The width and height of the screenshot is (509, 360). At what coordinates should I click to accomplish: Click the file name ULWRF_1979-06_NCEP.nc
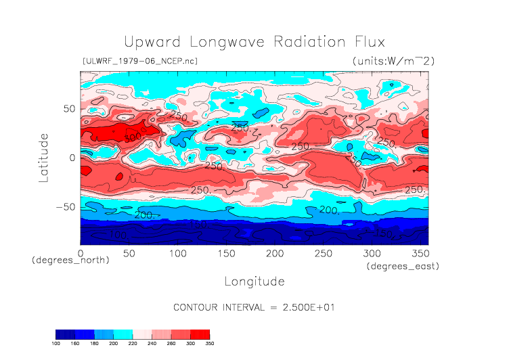[x=139, y=61]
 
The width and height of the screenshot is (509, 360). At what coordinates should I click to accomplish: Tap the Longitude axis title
[x=254, y=281]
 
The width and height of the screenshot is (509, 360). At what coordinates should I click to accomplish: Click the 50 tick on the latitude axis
[x=68, y=108]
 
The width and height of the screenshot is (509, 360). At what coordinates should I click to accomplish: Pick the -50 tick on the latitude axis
[x=65, y=207]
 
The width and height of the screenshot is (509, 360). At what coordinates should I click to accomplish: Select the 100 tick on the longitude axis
[x=177, y=253]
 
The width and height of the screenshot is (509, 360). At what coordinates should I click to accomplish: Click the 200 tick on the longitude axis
[x=274, y=253]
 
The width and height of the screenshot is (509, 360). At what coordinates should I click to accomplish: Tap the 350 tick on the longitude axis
[x=419, y=253]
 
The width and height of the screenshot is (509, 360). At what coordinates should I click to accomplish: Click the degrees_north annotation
[x=70, y=261]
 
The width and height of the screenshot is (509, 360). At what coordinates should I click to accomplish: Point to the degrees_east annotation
[x=403, y=267]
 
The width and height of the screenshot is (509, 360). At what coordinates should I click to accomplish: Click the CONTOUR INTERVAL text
[x=254, y=307]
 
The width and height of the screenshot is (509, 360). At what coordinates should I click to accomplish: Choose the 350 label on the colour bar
[x=210, y=344]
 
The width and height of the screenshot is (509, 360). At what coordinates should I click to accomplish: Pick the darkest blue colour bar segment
[x=65, y=334]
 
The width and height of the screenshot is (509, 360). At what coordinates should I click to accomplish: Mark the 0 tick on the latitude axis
[x=71, y=158]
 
